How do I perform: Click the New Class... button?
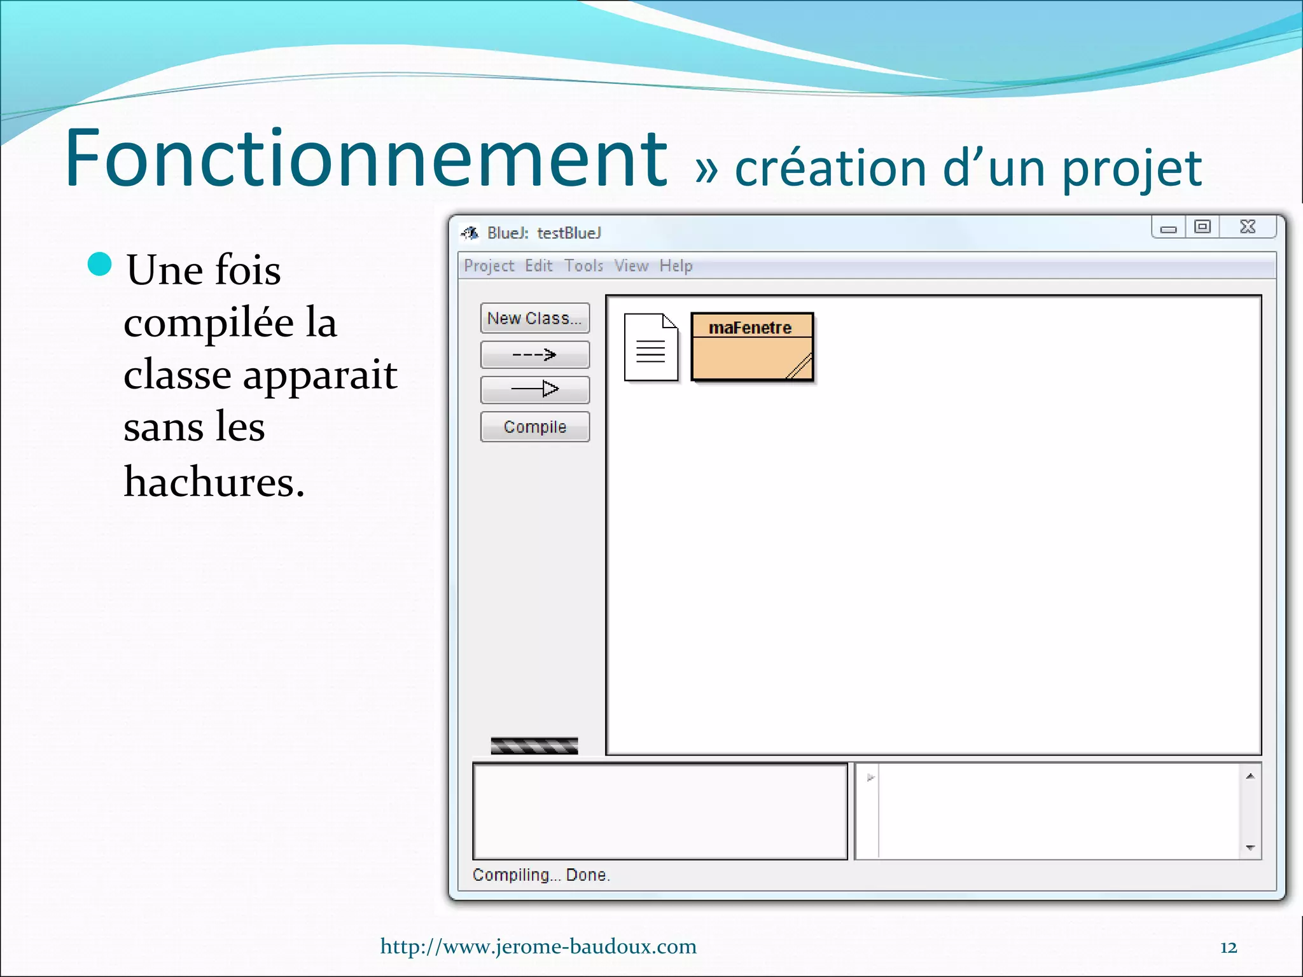[534, 318]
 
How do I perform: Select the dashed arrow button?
[534, 355]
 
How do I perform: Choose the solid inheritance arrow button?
[534, 389]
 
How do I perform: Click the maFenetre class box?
[751, 347]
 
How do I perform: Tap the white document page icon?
[651, 347]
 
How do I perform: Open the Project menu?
[489, 266]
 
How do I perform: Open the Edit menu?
[538, 266]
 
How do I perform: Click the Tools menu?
[583, 266]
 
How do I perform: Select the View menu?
[631, 266]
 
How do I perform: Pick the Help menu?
[676, 266]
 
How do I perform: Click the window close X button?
[1248, 227]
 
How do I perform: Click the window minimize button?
[1168, 228]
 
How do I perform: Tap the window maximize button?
[1202, 227]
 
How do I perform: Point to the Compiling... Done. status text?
[541, 875]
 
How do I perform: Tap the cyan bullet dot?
[100, 265]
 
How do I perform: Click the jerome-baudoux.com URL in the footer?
[538, 946]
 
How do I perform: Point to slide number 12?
[1229, 948]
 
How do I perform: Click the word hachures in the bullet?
[214, 482]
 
